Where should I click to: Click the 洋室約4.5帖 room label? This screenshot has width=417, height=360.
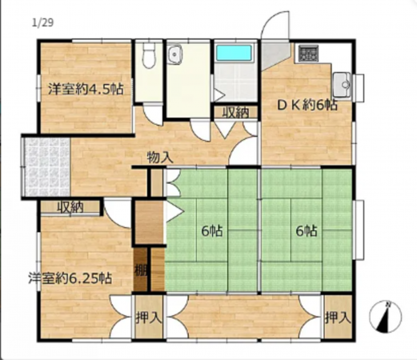[x=84, y=88]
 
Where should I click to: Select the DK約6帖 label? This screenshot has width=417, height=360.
[x=307, y=105]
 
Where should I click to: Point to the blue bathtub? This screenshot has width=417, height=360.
[x=234, y=54]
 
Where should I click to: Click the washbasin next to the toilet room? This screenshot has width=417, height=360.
[x=176, y=55]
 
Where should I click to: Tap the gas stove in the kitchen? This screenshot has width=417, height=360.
[x=308, y=54]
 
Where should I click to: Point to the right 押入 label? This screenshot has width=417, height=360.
[x=337, y=317]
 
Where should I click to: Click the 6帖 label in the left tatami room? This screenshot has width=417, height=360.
[x=211, y=231]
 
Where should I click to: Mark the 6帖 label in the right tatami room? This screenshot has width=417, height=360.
[x=307, y=231]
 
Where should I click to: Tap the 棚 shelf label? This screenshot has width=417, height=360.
[x=141, y=270]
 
